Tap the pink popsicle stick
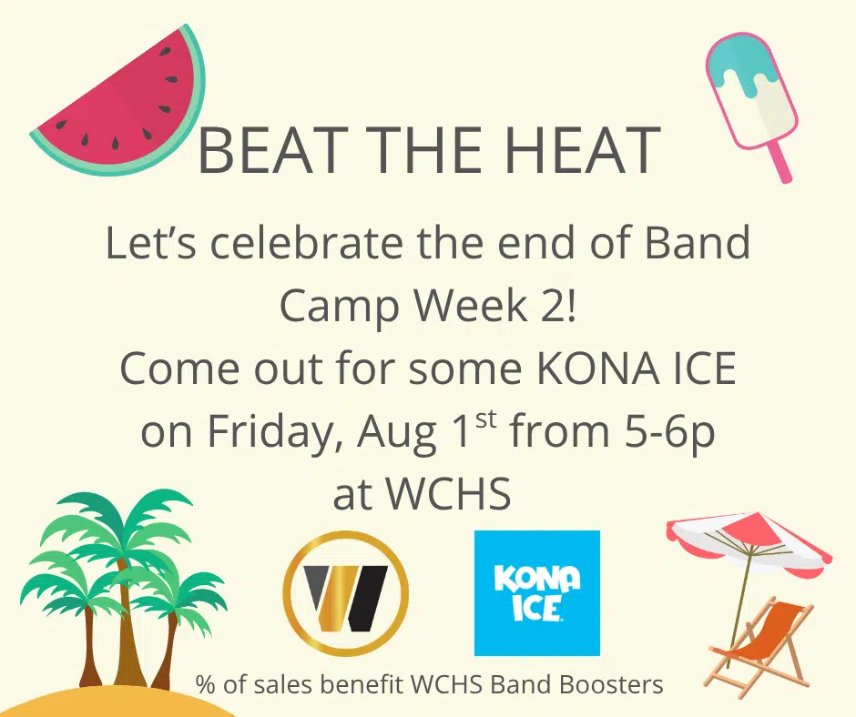[x=780, y=162]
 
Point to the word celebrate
[x=306, y=242]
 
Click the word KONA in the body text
[x=597, y=369]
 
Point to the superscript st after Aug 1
[x=486, y=419]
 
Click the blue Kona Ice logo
[x=537, y=592]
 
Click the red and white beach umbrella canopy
[x=749, y=539]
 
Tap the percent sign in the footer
[x=205, y=684]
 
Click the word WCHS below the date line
[x=449, y=494]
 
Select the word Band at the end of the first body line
[x=698, y=242]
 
